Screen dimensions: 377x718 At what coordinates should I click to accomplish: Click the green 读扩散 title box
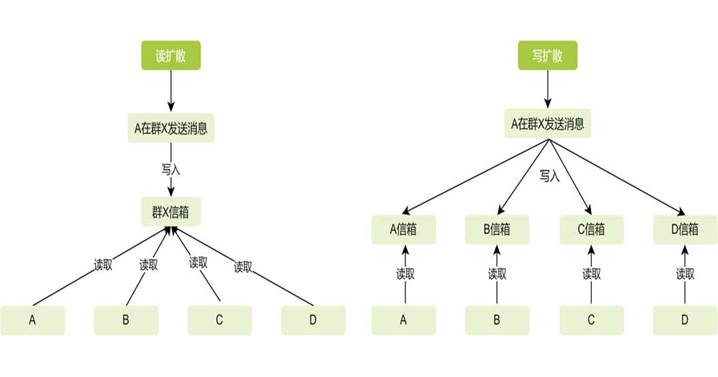[x=171, y=56]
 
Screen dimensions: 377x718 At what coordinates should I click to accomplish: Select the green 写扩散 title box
[x=547, y=56]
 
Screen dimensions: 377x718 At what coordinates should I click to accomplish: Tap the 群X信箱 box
[x=171, y=212]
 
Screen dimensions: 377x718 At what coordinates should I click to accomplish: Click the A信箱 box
[x=403, y=230]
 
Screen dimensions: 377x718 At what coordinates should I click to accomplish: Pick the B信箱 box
[x=497, y=230]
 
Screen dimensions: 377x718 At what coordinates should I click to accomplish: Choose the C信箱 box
[x=591, y=230]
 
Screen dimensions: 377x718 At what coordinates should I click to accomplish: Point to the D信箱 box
[x=684, y=230]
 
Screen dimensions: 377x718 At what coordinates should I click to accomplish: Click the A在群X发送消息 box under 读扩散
[x=171, y=129]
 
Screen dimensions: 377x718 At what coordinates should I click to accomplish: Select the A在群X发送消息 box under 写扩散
[x=547, y=124]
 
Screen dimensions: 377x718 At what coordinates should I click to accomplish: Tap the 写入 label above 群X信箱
[x=171, y=169]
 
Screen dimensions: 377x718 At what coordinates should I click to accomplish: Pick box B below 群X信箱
[x=126, y=320]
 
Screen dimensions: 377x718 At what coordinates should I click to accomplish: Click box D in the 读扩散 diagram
[x=313, y=320]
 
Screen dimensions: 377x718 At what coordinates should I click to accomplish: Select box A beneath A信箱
[x=403, y=320]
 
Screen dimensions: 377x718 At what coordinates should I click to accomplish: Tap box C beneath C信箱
[x=591, y=320]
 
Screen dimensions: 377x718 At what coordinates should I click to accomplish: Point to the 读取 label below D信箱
[x=685, y=275]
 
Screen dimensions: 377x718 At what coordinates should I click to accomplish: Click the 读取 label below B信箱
[x=497, y=275]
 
